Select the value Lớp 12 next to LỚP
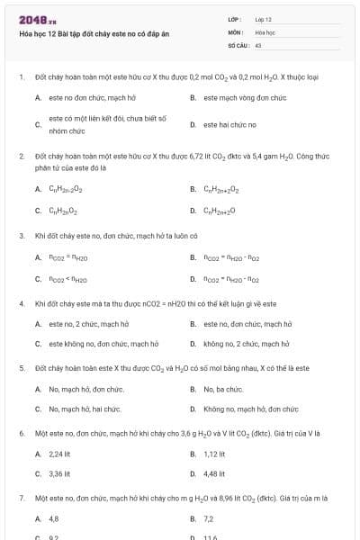click(263, 19)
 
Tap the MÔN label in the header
click(236, 31)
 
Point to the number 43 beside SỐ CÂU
click(257, 44)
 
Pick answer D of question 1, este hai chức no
click(229, 124)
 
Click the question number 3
click(22, 235)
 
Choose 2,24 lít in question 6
click(59, 454)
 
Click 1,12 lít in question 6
click(214, 454)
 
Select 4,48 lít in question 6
click(214, 473)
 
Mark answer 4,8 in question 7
click(53, 518)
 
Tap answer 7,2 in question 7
click(208, 518)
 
